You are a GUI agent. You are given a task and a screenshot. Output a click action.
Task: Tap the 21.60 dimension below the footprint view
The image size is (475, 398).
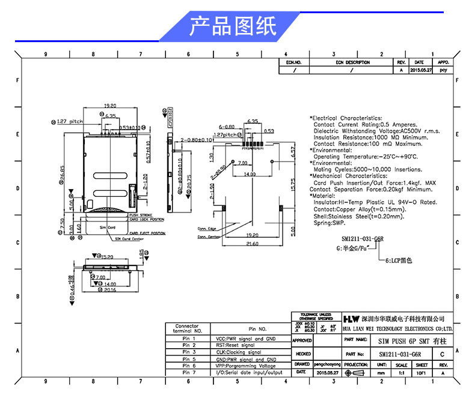tap(253, 244)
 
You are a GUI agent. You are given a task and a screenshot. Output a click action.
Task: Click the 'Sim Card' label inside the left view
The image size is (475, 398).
tap(107, 228)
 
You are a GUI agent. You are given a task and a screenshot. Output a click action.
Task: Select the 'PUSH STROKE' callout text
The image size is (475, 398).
tap(142, 214)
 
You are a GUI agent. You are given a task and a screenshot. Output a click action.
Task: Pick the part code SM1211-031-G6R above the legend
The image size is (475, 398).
tap(363, 238)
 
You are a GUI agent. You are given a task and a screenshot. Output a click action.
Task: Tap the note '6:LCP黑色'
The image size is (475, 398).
tap(399, 261)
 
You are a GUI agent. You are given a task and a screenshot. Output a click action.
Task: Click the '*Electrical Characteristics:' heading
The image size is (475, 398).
tap(345, 118)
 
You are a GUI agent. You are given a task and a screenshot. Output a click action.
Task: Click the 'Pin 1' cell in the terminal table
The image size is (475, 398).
tap(189, 339)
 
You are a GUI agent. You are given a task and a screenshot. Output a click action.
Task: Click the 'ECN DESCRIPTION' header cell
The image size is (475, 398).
tap(352, 62)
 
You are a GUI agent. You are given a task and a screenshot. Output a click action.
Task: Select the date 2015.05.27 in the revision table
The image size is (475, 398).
tap(419, 70)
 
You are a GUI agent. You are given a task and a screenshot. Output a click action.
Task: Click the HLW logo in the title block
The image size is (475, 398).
tap(351, 318)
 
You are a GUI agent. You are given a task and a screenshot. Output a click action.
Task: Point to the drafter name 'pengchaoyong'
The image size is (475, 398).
tap(328, 364)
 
